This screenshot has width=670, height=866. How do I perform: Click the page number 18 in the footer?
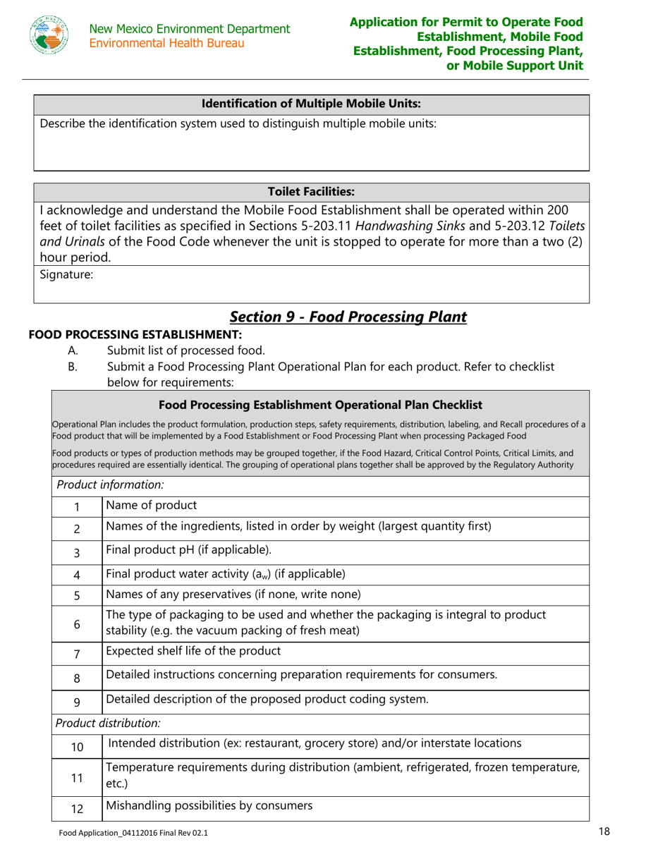pyautogui.click(x=603, y=832)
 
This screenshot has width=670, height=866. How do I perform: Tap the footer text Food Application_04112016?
pyautogui.click(x=133, y=833)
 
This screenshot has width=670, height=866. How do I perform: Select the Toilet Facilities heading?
pyautogui.click(x=311, y=191)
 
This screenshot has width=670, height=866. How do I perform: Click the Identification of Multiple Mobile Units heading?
pyautogui.click(x=311, y=104)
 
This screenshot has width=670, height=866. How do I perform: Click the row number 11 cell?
pyautogui.click(x=77, y=778)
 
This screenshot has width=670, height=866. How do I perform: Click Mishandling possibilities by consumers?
pyautogui.click(x=209, y=805)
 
